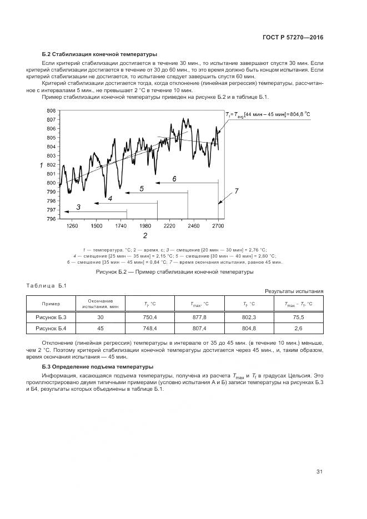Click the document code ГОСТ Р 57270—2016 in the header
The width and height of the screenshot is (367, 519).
pos(293,37)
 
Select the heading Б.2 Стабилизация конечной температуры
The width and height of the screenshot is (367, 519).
pos(99,54)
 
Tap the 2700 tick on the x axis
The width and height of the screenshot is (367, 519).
pos(218,226)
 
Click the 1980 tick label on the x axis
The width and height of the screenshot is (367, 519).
pos(145,226)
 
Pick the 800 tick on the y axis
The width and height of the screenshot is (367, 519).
pos(51,183)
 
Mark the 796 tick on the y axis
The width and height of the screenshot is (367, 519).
pos(51,219)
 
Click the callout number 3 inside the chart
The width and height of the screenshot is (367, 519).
pos(78,207)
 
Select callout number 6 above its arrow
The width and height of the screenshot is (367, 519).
pos(174,179)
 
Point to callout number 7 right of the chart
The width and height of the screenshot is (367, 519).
pos(236,191)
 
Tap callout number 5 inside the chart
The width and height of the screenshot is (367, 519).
pos(142,189)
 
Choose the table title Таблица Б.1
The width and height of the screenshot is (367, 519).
pos(46,285)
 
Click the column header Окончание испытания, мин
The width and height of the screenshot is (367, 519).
pos(100,304)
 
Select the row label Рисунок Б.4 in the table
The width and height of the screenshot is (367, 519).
pos(51,329)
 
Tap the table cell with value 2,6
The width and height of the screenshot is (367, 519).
pos(298,329)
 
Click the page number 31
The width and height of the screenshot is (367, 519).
pos(319,472)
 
